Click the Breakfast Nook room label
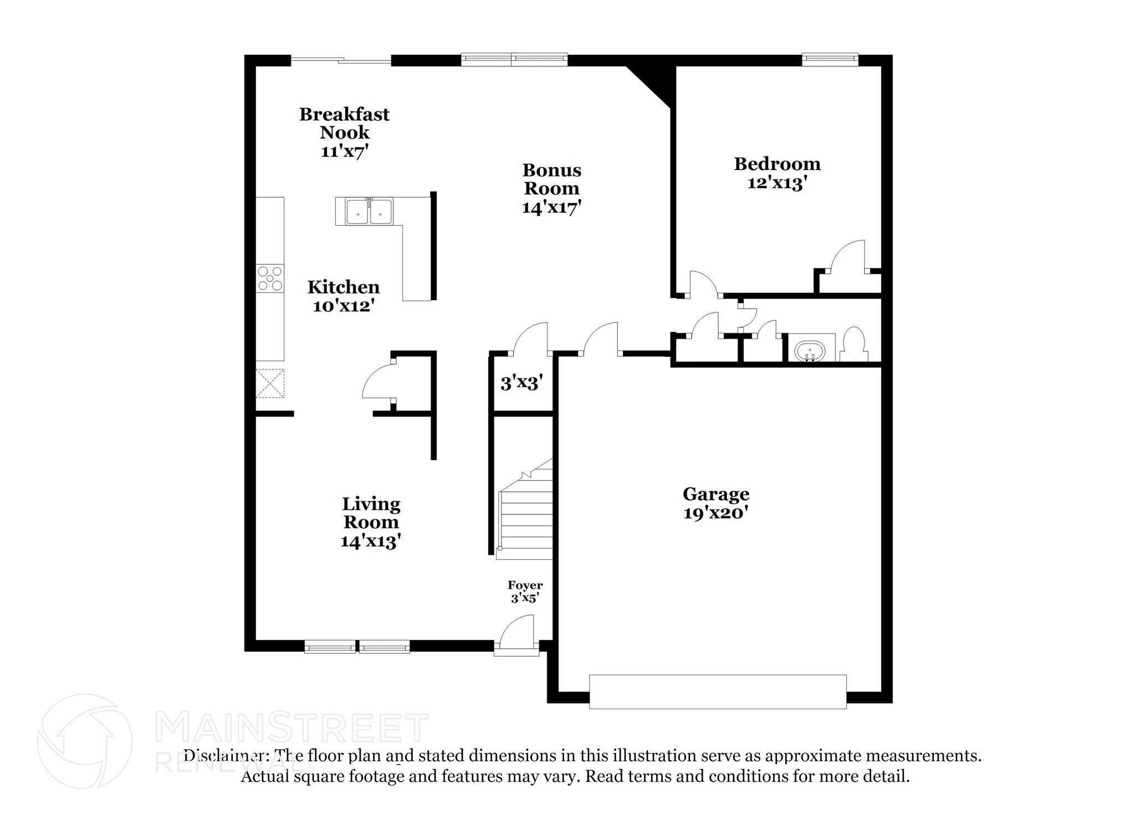click(344, 123)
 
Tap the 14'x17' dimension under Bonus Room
click(551, 207)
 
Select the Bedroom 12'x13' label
click(777, 173)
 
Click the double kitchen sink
click(369, 212)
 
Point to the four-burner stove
click(270, 279)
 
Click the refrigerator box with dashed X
click(270, 383)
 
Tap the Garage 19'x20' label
click(716, 503)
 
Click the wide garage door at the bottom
click(718, 691)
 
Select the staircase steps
click(526, 515)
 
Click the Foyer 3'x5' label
click(525, 591)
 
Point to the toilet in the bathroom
click(853, 345)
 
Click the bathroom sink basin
click(810, 350)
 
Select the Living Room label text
click(371, 513)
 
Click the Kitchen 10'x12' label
click(344, 296)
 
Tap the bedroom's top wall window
click(830, 57)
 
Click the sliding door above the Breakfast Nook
click(341, 60)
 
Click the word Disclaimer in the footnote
click(224, 756)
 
